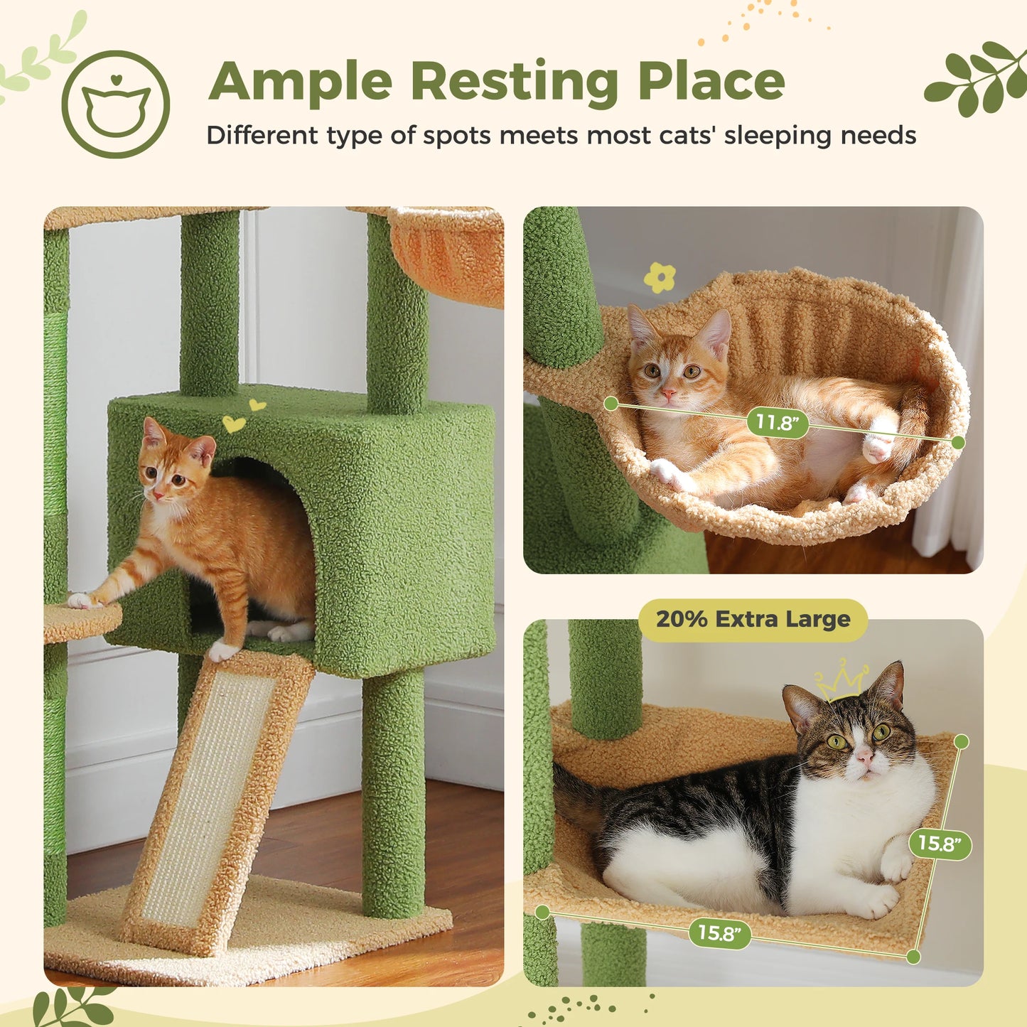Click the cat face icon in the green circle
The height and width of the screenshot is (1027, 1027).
[116, 104]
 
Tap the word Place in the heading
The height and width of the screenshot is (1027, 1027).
[711, 82]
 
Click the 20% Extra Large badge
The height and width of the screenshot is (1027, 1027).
[753, 620]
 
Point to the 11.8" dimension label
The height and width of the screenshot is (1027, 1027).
[778, 423]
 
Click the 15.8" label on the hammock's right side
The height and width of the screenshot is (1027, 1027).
[940, 844]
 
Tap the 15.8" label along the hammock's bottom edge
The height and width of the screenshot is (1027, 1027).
[719, 932]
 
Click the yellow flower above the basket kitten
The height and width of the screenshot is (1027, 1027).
[660, 277]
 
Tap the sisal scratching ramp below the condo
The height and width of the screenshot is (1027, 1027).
[213, 796]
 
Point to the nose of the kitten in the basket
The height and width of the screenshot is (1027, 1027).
[668, 393]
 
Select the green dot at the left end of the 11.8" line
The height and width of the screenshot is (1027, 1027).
[611, 404]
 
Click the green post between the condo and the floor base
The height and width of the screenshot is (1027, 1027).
[393, 792]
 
